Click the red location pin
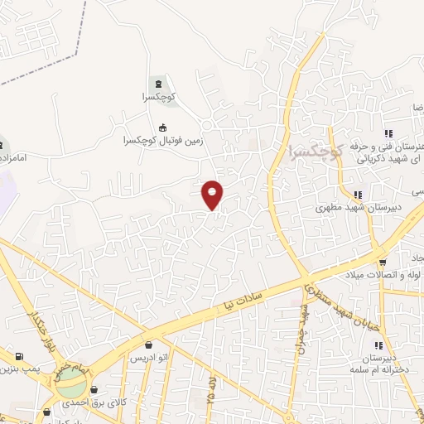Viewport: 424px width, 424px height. [x=213, y=193]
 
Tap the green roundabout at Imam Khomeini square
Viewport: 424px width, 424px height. [x=71, y=383]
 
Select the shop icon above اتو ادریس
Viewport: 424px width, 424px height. [x=148, y=344]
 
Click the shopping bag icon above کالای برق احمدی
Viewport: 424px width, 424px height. [x=94, y=390]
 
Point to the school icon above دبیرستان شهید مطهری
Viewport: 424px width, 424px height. [x=357, y=194]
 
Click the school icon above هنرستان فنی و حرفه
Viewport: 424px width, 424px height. [x=387, y=133]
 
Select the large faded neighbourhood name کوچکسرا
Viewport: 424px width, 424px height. [x=316, y=152]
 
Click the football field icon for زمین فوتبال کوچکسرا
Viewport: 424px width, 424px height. [x=162, y=128]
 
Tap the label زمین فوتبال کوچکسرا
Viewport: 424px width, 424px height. [x=162, y=142]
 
